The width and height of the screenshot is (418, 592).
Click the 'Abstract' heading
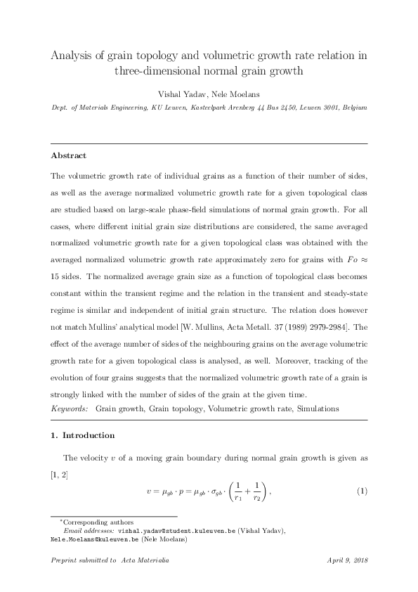click(x=69, y=155)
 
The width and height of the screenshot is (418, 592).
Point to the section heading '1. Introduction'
click(x=82, y=435)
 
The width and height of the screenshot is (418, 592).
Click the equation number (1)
click(x=362, y=490)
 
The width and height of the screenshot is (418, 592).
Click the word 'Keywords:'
click(x=70, y=408)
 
